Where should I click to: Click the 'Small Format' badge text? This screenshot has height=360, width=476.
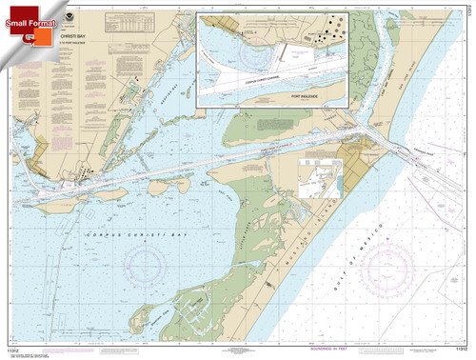pos(28,13)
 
